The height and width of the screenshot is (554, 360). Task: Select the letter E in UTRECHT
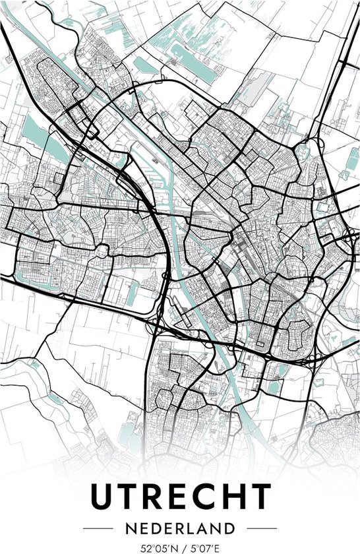pyautogui.click(x=179, y=497)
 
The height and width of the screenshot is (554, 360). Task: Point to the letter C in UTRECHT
pyautogui.click(x=205, y=497)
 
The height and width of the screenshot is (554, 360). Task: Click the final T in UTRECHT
pyautogui.click(x=260, y=497)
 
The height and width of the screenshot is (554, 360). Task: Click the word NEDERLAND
pyautogui.click(x=180, y=528)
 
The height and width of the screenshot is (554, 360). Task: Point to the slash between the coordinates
pyautogui.click(x=181, y=547)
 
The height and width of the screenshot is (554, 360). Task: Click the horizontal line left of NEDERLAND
pyautogui.click(x=98, y=529)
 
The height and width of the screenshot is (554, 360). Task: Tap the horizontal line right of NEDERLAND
pyautogui.click(x=262, y=529)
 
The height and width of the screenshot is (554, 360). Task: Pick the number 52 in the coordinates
pyautogui.click(x=144, y=547)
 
